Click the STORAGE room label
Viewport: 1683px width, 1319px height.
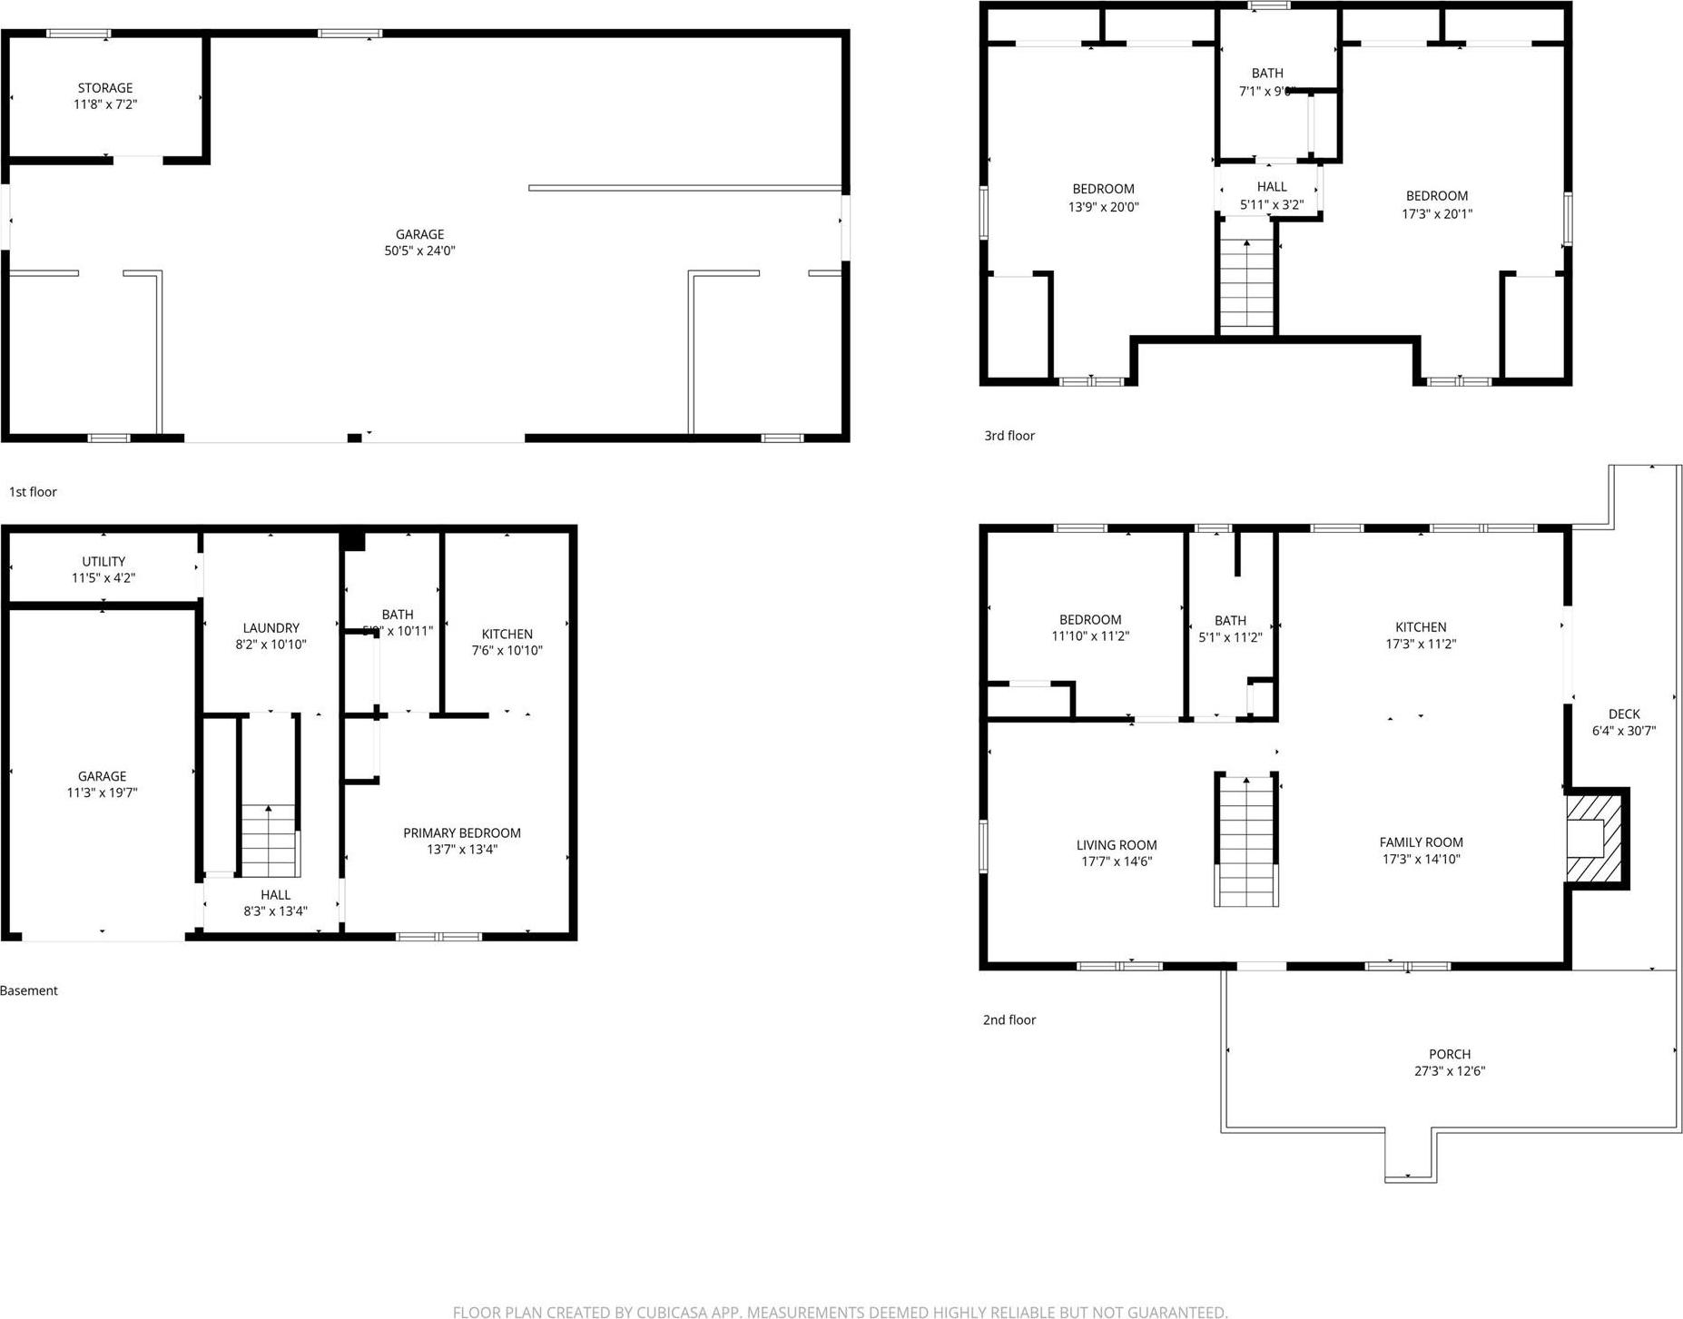pos(105,88)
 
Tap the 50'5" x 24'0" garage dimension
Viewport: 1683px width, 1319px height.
pos(419,251)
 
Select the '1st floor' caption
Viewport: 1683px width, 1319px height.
pos(33,492)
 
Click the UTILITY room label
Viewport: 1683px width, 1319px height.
pos(103,562)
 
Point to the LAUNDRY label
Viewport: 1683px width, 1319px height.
pos(271,628)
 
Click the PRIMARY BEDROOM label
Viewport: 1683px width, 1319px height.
pos(462,833)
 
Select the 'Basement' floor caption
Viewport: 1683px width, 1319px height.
pos(29,990)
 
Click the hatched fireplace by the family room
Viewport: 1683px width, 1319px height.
pos(1596,838)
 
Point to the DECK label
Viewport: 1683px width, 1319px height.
pos(1624,714)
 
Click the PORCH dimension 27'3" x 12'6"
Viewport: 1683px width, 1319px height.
pos(1449,1071)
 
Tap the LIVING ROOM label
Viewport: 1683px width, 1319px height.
pos(1117,845)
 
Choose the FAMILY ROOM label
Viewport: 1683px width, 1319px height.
pos(1421,842)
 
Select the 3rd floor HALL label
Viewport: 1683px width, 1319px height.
pos(1272,187)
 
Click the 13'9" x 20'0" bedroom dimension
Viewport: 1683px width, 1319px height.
pos(1103,207)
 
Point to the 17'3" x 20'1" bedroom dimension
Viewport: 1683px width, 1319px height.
pos(1437,214)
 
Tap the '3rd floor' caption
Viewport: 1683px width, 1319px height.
pos(1009,436)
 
